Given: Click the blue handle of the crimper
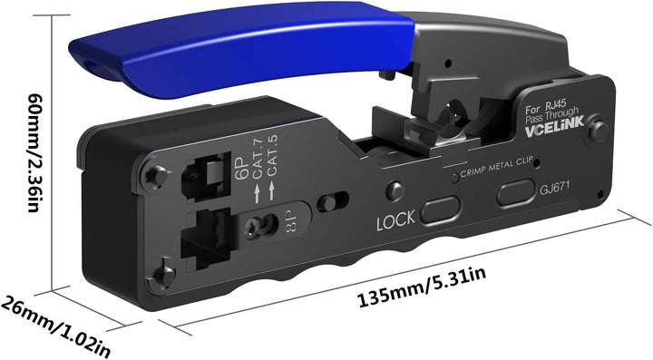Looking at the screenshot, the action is click(241, 50).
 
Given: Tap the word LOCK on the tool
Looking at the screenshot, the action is click(395, 219).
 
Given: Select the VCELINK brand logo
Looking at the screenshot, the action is click(554, 126).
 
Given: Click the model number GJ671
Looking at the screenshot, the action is click(554, 188).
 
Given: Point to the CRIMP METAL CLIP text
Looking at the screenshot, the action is click(496, 167).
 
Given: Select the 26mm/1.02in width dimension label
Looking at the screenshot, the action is click(55, 326).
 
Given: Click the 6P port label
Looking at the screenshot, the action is click(241, 166).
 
